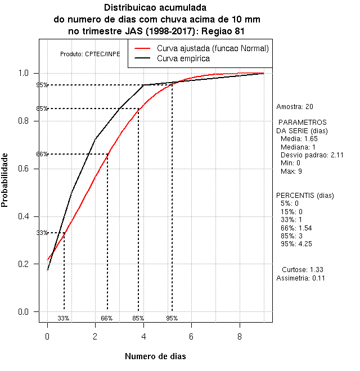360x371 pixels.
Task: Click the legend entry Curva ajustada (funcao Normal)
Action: click(213, 48)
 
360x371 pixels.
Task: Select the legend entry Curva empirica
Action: click(183, 58)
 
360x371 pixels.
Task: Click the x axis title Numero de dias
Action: click(155, 356)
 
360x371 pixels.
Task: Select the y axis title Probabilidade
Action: click(5, 180)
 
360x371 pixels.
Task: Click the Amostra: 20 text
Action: click(295, 106)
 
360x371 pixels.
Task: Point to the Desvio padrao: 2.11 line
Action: click(312, 155)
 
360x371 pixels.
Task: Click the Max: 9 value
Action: click(291, 170)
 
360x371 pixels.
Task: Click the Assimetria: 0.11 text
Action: click(301, 278)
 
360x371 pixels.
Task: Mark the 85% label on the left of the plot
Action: click(42, 109)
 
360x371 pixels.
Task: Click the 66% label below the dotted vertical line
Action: click(107, 318)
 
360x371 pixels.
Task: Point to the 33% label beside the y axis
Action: click(42, 233)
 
